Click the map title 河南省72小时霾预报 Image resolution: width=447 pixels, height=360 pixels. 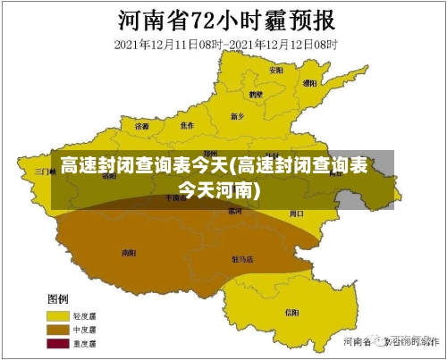coord(224,19)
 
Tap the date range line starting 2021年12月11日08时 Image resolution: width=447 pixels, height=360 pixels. coord(224,43)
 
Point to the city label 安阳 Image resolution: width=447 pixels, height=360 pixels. coord(276,69)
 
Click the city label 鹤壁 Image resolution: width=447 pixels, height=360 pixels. coord(257,93)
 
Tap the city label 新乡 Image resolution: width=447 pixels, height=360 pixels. coord(237,115)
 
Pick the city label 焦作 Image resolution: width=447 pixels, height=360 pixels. coord(187,124)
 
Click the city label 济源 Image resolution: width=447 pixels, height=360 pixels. coord(142,127)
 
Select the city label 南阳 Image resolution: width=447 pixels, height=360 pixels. coord(127,253)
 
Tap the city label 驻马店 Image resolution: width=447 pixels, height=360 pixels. coord(242,259)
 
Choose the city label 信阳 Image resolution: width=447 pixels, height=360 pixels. coord(291,312)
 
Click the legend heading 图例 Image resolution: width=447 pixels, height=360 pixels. coord(58,298)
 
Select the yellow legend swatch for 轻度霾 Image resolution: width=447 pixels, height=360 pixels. coord(58,315)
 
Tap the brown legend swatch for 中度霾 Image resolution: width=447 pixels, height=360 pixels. coord(58,330)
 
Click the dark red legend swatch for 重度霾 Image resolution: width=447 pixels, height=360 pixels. coord(58,344)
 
